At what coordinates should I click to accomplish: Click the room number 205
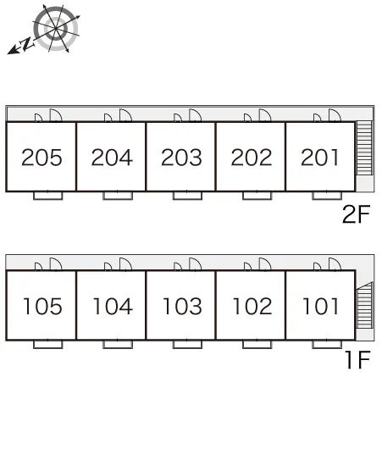tap(42, 158)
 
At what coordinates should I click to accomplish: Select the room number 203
tap(181, 158)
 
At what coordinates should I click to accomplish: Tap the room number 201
tap(320, 158)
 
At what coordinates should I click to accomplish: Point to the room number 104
tap(113, 306)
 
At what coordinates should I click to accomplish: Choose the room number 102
tap(252, 306)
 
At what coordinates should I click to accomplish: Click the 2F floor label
tap(357, 214)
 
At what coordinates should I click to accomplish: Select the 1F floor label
tap(358, 360)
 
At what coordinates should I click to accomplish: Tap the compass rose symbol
tap(56, 29)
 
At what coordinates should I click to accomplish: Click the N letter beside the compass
tap(27, 44)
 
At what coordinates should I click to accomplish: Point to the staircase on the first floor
tap(364, 305)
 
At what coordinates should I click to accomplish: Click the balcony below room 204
tap(118, 196)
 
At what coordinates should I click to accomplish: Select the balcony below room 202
tap(257, 196)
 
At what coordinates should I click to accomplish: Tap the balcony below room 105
tap(47, 344)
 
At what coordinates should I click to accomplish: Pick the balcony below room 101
tap(327, 344)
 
